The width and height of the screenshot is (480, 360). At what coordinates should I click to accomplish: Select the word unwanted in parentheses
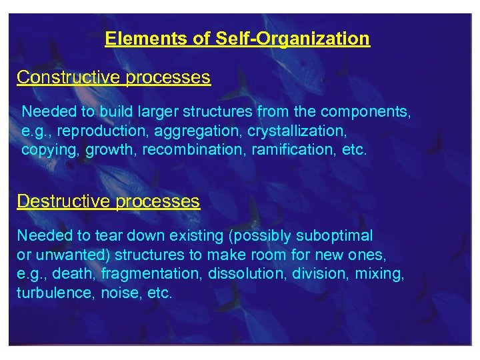coord(61,255)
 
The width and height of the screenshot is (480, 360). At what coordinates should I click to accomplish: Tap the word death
coord(72,273)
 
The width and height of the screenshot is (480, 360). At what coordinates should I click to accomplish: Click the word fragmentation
coord(151,273)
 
